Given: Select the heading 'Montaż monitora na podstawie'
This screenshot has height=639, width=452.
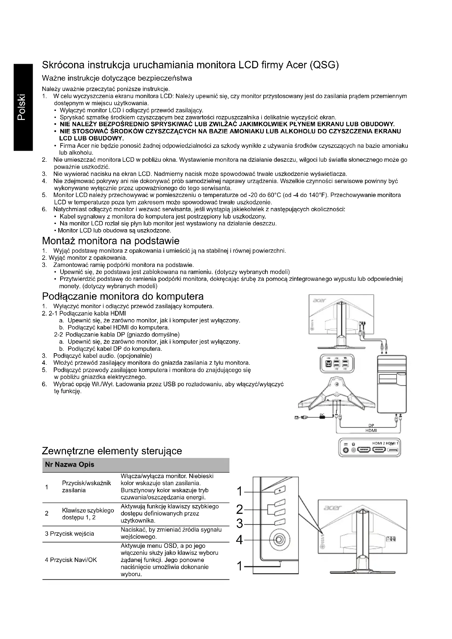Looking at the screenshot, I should click(x=110, y=241).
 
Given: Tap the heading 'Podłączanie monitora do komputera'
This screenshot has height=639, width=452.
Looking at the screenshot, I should click(x=123, y=296).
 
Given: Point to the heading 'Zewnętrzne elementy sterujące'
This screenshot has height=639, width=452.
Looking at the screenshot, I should click(x=112, y=450).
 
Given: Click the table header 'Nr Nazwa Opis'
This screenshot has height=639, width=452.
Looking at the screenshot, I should click(x=70, y=464).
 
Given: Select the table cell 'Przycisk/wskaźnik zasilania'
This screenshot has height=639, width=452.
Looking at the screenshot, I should click(x=86, y=487).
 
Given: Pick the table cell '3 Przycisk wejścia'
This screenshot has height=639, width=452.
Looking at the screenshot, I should click(x=70, y=534).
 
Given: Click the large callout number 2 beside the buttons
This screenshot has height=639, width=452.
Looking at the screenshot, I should click(x=240, y=509).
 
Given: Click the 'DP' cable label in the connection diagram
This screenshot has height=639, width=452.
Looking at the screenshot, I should click(x=371, y=425).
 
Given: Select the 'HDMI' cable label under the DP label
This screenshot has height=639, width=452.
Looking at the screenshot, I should click(x=371, y=430).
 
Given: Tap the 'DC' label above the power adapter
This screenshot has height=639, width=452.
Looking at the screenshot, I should click(x=322, y=415).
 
